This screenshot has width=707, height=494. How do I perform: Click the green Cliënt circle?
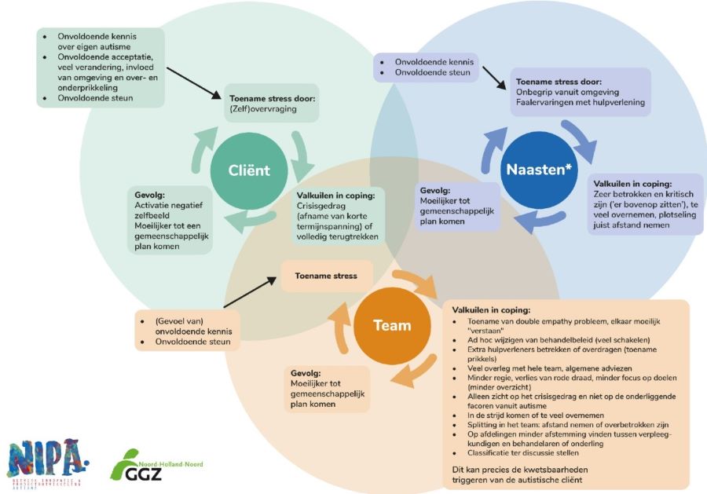tap(248, 170)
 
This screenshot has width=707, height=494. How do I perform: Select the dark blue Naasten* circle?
tap(539, 167)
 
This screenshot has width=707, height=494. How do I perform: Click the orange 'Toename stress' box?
tap(325, 276)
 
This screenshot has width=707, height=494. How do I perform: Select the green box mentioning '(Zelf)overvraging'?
tap(272, 104)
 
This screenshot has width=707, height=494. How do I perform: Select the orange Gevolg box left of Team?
tap(327, 388)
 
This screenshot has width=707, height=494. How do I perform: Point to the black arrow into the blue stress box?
tap(494, 78)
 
